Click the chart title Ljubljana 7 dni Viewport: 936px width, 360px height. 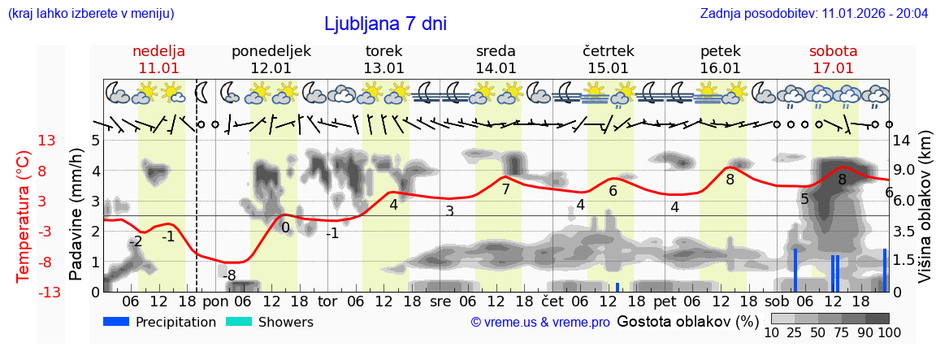[x=385, y=24]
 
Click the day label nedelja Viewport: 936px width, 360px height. [x=159, y=51]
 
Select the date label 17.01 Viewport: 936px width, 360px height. [x=832, y=68]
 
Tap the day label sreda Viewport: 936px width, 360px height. [x=496, y=51]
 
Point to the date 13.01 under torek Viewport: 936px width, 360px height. [x=383, y=68]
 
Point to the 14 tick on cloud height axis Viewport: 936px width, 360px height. [x=903, y=141]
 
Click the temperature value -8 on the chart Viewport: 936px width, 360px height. [x=230, y=275]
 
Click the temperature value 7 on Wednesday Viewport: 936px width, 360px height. [x=505, y=189]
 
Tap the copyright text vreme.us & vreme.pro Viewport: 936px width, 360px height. [x=540, y=323]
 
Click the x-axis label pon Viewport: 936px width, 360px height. [x=215, y=301]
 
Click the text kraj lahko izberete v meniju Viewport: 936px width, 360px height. [x=90, y=14]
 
